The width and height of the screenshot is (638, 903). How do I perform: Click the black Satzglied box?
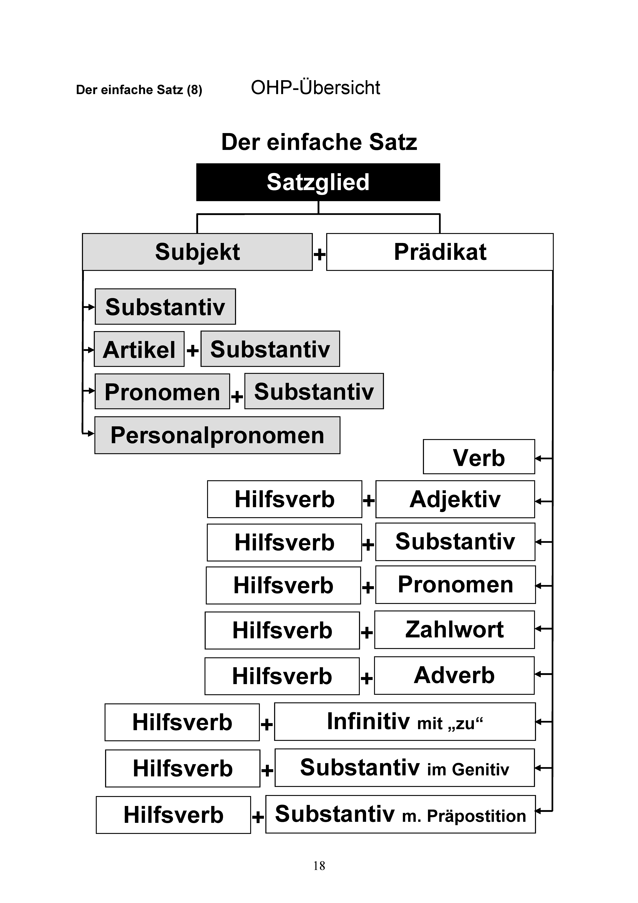pos(318,182)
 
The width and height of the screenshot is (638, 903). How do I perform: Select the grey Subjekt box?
pos(197,252)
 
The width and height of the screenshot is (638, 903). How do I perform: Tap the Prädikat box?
pos(440,252)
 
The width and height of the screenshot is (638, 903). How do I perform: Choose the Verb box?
pos(479,457)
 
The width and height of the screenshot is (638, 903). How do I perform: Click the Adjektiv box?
pos(455,499)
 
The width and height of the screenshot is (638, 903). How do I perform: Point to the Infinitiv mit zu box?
pos(405,722)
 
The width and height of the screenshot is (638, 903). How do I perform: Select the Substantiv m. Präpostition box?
pos(401,814)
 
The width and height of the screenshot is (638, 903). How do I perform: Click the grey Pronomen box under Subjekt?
pos(162,391)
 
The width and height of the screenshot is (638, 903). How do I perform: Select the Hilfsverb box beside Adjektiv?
pos(285,499)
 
